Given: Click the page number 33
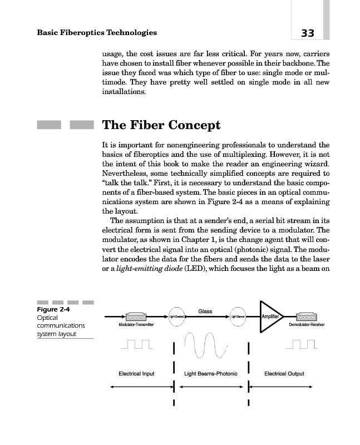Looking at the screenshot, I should coord(308,33).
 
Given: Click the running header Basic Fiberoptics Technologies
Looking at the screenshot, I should coord(96,33).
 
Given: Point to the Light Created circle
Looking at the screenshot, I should coord(177,317).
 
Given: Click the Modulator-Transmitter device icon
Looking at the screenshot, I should coord(137,317).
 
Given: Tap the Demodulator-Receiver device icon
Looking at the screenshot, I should coord(310,317).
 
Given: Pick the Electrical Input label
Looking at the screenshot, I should coord(136,373).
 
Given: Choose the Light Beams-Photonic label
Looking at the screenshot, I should coord(211,373).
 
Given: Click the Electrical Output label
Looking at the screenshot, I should coord(284,373).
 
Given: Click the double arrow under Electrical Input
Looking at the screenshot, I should coord(136,388).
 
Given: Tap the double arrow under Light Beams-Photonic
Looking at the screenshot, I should coord(211,388).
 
